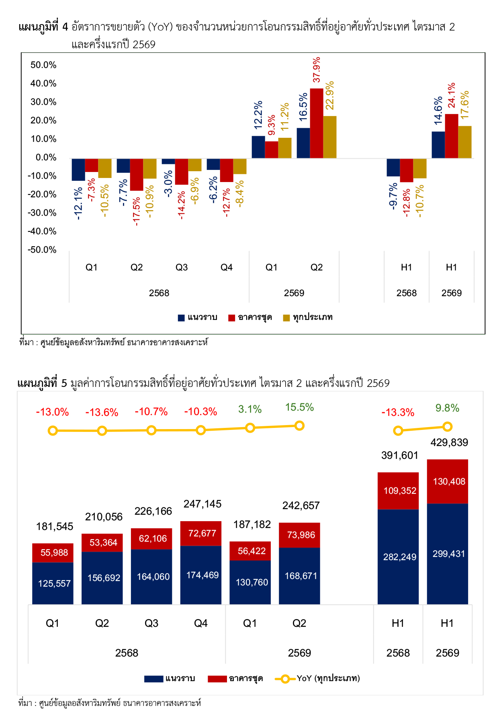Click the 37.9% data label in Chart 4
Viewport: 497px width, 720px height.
(317, 70)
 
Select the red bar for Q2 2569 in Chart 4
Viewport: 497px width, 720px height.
(317, 123)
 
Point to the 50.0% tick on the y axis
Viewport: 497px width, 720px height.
(43, 65)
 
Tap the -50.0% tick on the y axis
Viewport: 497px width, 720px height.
(42, 250)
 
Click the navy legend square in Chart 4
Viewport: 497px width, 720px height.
(181, 318)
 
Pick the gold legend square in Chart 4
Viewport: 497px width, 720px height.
(286, 318)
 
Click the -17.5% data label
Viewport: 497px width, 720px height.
(136, 211)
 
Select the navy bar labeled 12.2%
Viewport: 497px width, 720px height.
(258, 147)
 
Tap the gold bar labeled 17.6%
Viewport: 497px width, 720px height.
(465, 142)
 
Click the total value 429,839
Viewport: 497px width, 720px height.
(449, 442)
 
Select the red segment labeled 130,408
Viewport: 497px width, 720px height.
(448, 481)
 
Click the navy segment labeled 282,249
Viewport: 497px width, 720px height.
(398, 557)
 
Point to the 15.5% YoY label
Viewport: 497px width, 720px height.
(299, 407)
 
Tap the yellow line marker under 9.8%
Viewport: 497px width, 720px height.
(447, 427)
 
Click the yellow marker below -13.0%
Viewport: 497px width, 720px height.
(53, 431)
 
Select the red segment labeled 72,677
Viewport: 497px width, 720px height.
(201, 534)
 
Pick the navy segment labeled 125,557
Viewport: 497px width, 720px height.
(53, 583)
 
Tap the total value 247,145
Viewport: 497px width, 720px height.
(202, 504)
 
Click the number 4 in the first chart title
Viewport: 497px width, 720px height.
(65, 27)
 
